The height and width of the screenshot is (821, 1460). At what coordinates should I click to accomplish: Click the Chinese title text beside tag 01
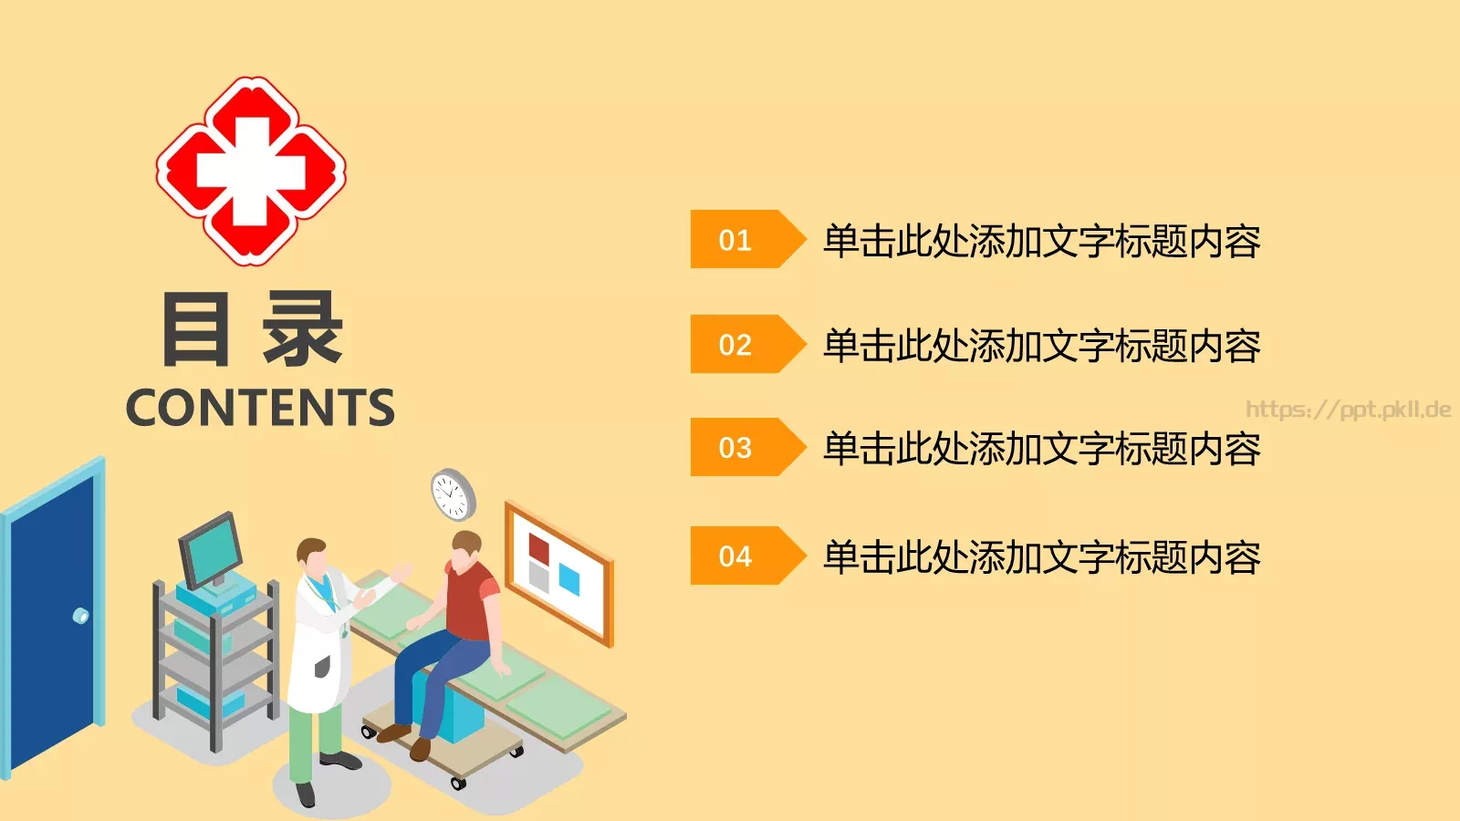point(1041,241)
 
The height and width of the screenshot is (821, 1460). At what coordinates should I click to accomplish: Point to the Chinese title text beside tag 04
point(1041,557)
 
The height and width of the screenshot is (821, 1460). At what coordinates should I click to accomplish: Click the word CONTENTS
point(260,408)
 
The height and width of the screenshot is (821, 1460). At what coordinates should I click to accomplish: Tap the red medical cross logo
point(251,171)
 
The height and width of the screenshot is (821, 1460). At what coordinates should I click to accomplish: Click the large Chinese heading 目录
point(252,330)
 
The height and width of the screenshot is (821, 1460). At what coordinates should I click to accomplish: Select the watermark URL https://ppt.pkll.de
point(1348,410)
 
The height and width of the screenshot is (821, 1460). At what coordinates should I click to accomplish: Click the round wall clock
point(453,494)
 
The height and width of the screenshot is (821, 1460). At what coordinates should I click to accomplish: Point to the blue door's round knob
point(81,616)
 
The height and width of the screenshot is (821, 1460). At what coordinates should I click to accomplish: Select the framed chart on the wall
point(558,571)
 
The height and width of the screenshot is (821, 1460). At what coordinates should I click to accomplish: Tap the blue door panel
point(53,620)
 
